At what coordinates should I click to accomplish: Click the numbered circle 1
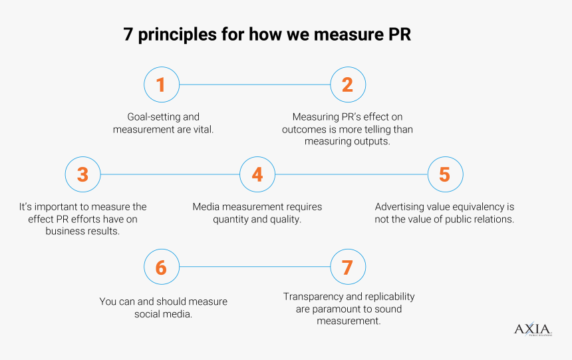162,85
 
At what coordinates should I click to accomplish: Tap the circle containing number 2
348,85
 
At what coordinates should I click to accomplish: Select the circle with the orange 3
83,174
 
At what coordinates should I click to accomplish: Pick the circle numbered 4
257,174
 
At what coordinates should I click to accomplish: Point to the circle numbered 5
446,174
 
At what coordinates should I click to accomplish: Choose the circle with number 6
162,267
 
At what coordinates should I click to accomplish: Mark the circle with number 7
348,267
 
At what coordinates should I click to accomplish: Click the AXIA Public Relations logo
533,329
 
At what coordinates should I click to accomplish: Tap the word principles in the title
178,35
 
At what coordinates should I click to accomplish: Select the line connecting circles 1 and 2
255,85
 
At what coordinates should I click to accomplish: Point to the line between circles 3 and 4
170,174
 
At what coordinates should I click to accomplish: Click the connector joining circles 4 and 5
351,174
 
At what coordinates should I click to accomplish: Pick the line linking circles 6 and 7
255,267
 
